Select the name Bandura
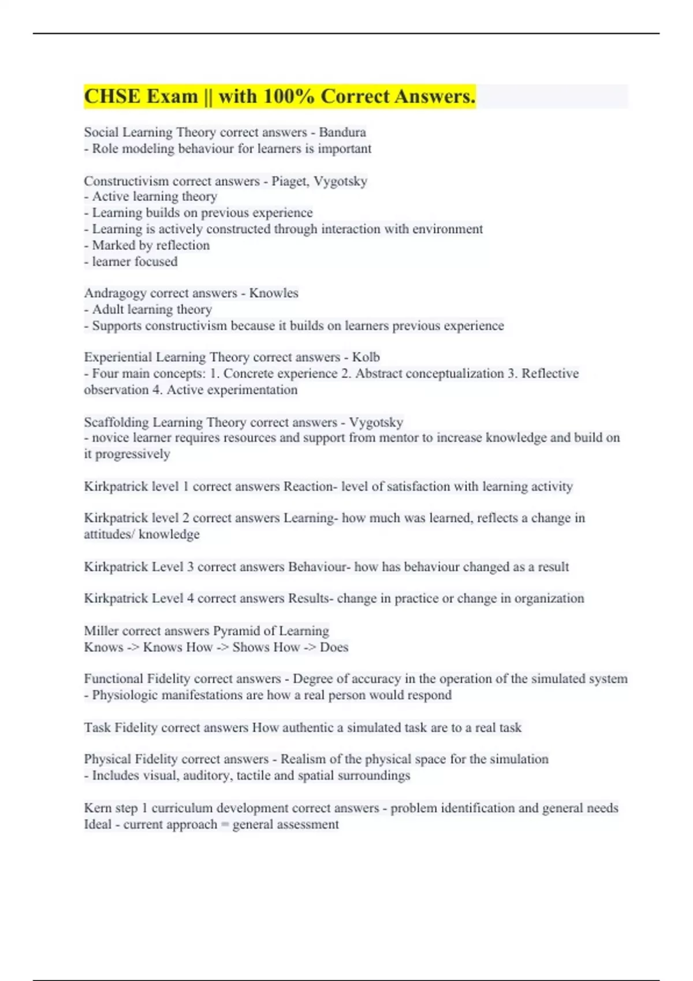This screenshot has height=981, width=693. pyautogui.click(x=342, y=132)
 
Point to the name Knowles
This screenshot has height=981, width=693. pyautogui.click(x=274, y=293)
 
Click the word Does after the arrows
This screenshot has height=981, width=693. pyautogui.click(x=334, y=647)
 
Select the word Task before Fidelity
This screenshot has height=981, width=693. pyautogui.click(x=97, y=728)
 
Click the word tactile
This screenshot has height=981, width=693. pyautogui.click(x=250, y=776)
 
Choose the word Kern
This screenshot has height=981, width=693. pyautogui.click(x=97, y=808)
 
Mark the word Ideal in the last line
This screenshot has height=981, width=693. pyautogui.click(x=98, y=824)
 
